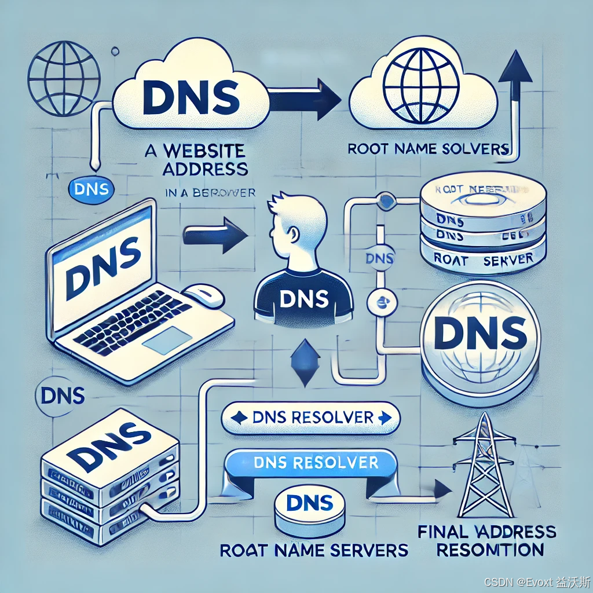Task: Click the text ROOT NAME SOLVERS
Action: [x=427, y=149]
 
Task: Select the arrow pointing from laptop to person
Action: [x=215, y=234]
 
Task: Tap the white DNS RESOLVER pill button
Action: [x=312, y=418]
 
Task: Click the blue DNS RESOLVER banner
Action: [x=312, y=463]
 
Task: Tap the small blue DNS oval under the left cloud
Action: [x=91, y=189]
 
